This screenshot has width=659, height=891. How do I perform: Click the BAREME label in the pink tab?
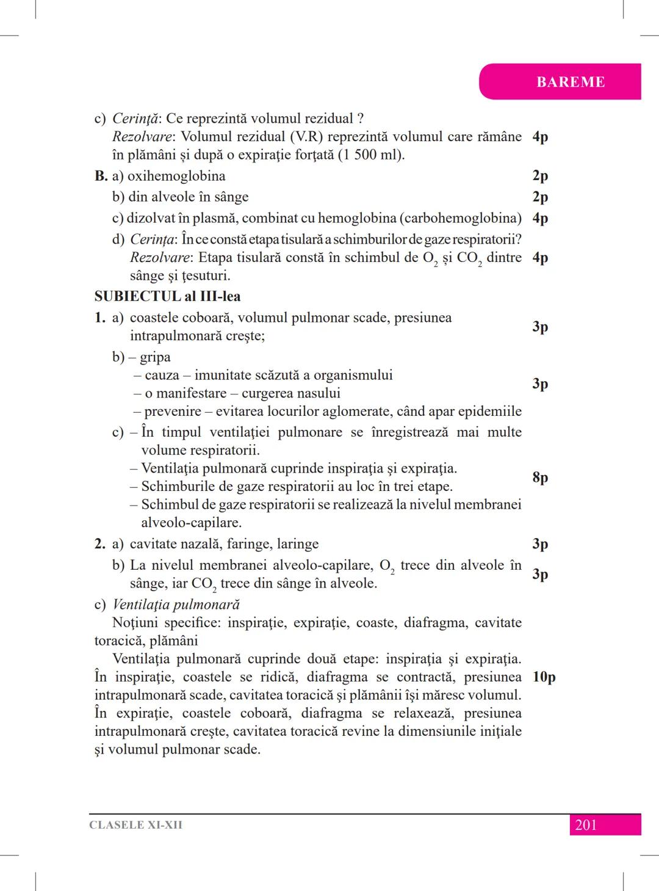tap(571, 82)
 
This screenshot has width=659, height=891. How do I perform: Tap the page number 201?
tap(586, 825)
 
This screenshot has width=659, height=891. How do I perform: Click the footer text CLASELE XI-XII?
tap(135, 825)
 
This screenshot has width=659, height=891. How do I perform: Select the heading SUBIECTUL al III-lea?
tap(167, 297)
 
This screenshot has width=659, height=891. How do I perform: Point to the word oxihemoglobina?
tap(176, 176)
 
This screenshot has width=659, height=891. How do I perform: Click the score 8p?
tap(540, 477)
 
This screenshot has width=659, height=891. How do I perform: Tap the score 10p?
tap(544, 677)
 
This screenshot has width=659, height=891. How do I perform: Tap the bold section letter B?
tap(101, 176)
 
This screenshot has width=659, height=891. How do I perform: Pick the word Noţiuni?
tap(136, 623)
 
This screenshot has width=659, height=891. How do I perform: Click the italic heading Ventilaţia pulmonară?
tap(176, 605)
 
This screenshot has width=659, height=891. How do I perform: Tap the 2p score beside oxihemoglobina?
tap(540, 176)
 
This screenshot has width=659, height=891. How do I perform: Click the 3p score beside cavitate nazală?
tap(540, 544)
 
